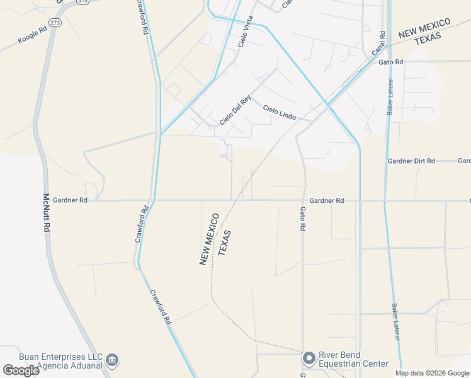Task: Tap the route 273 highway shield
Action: point(55,23)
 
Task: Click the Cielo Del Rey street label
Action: point(235,109)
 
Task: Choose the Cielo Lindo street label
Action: point(279,113)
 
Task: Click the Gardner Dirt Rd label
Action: point(411,161)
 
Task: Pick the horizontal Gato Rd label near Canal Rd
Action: point(390,62)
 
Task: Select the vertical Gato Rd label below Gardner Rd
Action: point(303,218)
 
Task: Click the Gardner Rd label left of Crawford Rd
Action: point(70,200)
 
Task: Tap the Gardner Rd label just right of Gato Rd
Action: point(327,200)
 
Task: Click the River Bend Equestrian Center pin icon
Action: point(309,358)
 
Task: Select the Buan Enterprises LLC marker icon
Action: point(112,360)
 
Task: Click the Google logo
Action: point(21,370)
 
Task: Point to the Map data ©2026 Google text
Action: point(432,373)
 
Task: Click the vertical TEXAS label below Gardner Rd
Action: point(225,243)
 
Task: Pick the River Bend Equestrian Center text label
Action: point(353,359)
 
